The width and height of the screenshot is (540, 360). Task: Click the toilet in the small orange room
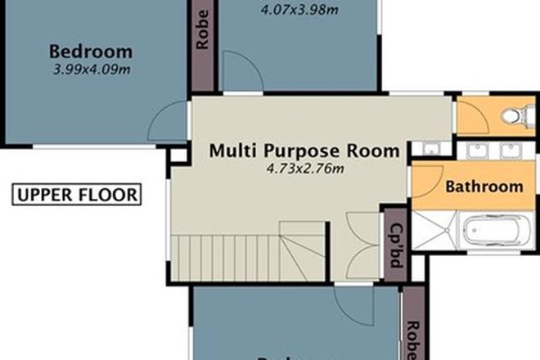[x=513, y=116]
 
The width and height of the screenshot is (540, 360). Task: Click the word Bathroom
[x=484, y=187]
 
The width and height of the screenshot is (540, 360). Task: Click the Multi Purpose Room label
[x=304, y=151]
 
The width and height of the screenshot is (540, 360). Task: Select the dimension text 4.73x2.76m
[x=304, y=169]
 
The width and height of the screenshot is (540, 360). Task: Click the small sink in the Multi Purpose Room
[x=430, y=149]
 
